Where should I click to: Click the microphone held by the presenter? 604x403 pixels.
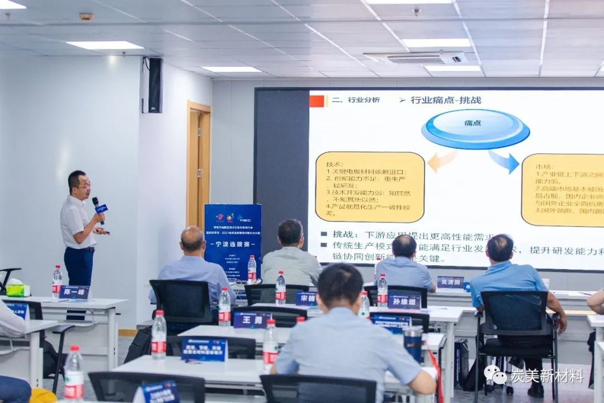99,208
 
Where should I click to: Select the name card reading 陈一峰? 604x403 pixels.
74,292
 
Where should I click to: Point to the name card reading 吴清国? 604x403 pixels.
450,282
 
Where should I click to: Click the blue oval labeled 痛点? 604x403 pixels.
475,128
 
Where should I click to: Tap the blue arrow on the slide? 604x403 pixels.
504,162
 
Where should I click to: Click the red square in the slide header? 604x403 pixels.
317,101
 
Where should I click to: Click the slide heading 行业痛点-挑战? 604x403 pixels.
446,100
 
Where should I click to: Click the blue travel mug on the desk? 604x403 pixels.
413,343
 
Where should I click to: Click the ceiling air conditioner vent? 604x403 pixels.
417,58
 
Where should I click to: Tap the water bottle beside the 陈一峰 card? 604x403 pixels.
57,282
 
